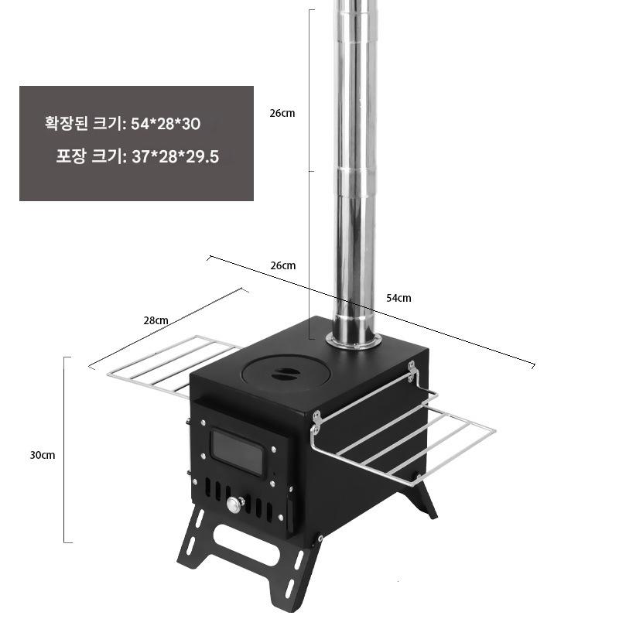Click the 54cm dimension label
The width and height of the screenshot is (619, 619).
[398, 298]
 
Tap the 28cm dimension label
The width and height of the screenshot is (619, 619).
[156, 320]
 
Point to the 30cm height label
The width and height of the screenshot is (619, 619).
[43, 455]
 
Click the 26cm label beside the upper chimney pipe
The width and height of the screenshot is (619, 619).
[282, 113]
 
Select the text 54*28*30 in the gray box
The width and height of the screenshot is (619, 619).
[166, 124]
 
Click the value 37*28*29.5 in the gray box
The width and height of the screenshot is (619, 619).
[176, 157]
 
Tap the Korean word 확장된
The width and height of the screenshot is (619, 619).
[66, 123]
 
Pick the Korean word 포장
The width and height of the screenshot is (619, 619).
[70, 156]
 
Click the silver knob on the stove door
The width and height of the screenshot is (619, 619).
[234, 504]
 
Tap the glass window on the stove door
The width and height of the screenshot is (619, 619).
[238, 452]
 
